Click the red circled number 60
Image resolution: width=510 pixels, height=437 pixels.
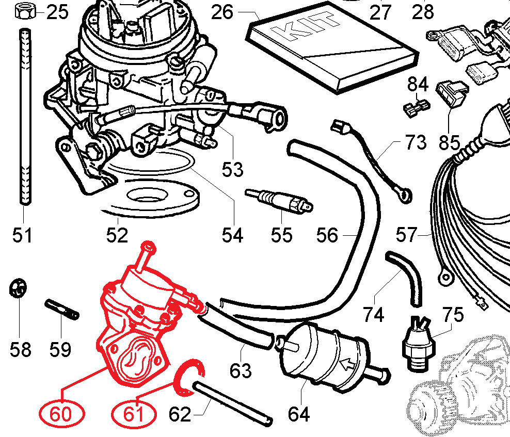pos(62,413)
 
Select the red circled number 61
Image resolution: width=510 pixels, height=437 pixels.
pos(134,413)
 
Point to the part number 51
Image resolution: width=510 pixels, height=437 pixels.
pos(23,236)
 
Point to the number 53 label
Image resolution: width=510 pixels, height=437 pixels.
pos(232,169)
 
